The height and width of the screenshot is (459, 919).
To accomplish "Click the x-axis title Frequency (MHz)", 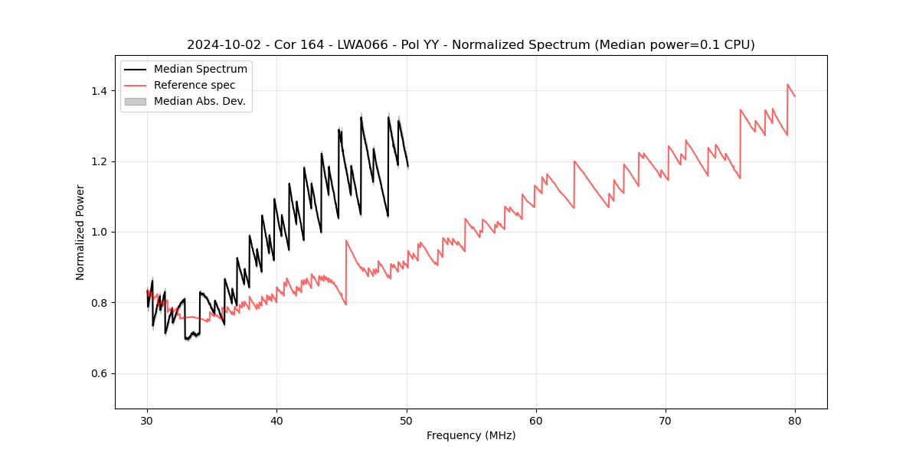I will (x=471, y=435).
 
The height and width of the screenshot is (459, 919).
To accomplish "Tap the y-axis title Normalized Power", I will (x=80, y=232).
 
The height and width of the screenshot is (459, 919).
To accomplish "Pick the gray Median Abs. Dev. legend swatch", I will (x=136, y=101).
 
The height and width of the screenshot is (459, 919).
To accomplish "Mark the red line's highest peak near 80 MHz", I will (x=787, y=84).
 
